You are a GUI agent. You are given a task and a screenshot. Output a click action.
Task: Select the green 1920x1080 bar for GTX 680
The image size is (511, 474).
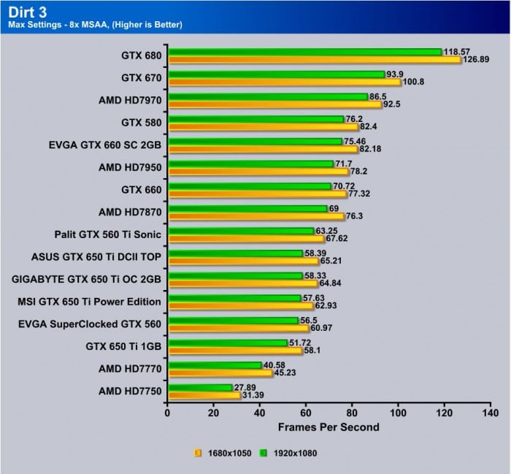(x=305, y=52)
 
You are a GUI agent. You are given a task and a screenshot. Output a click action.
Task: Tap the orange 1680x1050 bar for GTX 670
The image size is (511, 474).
(x=285, y=82)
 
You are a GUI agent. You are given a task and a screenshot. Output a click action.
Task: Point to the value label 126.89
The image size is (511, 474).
(x=477, y=60)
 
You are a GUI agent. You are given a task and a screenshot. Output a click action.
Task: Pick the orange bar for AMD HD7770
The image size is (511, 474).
(x=220, y=373)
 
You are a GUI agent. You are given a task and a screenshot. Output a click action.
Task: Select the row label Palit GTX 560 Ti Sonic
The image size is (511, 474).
(x=108, y=234)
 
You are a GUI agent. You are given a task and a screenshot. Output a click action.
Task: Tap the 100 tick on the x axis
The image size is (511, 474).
(x=398, y=413)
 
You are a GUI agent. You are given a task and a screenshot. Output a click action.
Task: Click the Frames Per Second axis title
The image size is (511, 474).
(x=328, y=427)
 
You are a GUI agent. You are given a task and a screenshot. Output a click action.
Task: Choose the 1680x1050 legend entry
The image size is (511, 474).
(x=225, y=453)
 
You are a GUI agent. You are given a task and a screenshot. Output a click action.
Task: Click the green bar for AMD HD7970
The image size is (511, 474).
(x=268, y=97)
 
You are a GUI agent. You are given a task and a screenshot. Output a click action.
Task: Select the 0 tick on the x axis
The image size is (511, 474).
(x=168, y=413)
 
